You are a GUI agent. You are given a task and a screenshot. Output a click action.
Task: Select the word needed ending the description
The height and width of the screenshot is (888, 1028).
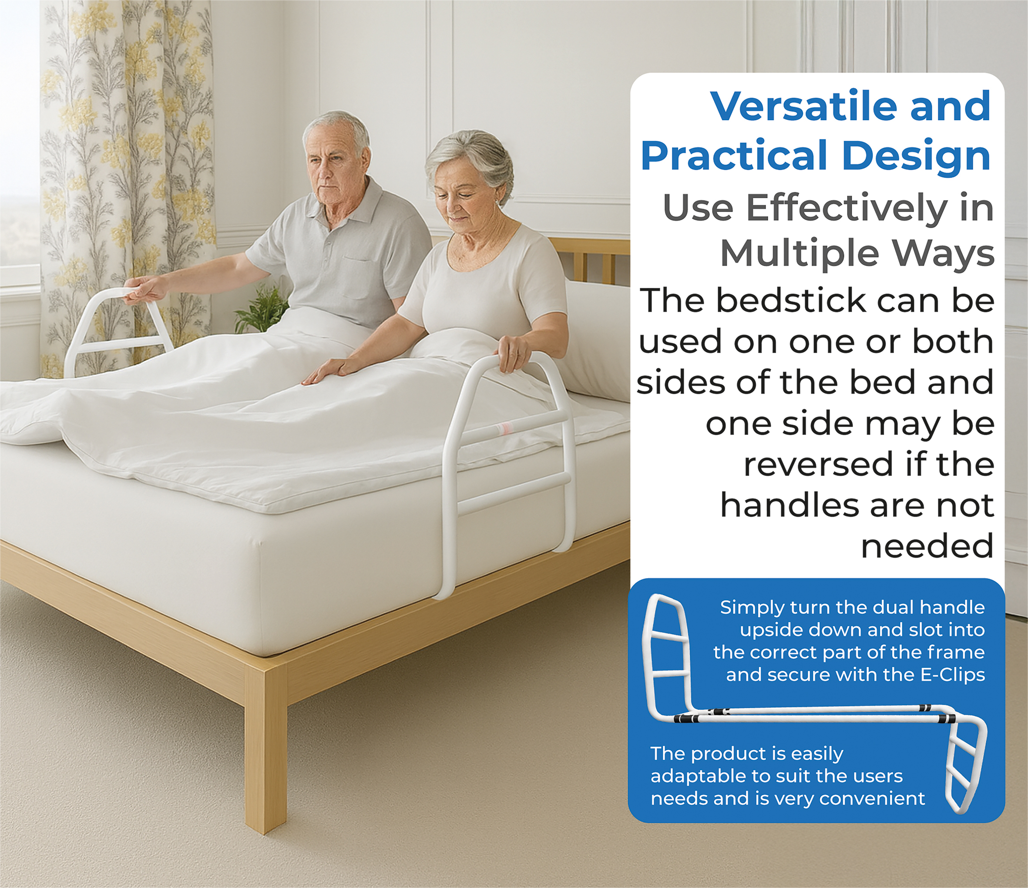pyautogui.click(x=927, y=546)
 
